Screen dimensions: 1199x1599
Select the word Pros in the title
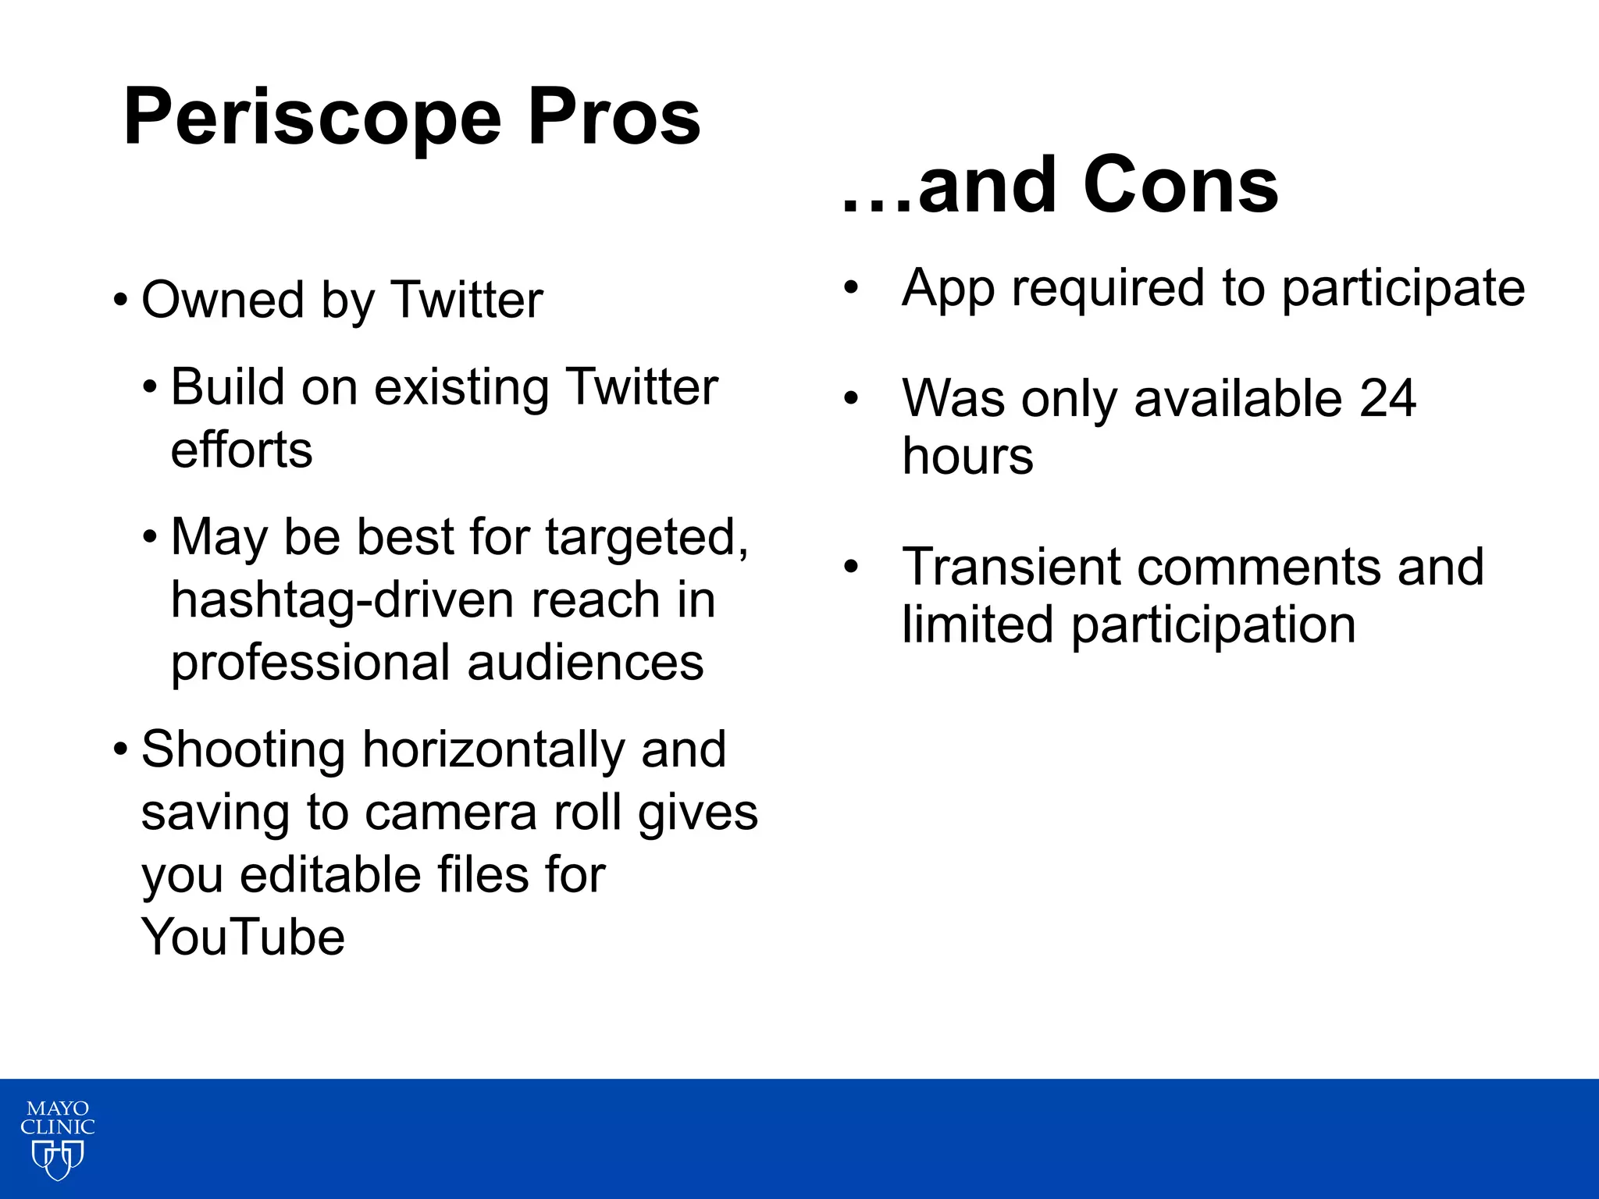tap(614, 117)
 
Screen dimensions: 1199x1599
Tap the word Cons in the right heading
tap(1181, 185)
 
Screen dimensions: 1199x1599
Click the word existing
tap(461, 387)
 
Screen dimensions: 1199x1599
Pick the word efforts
tap(241, 450)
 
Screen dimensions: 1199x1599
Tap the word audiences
tap(586, 663)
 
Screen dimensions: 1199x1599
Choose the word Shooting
tap(244, 750)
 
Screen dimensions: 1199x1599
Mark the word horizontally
tap(493, 750)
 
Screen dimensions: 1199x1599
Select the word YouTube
tap(243, 937)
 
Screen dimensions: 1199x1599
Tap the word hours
tap(967, 457)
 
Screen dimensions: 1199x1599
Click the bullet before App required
tap(851, 287)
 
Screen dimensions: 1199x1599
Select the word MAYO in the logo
tap(58, 1109)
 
